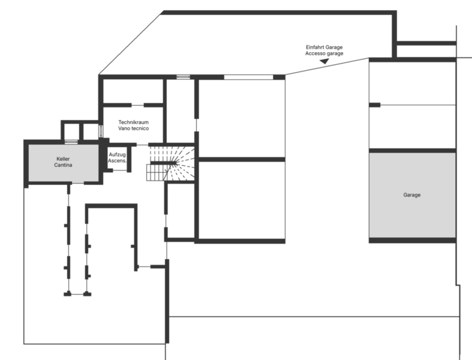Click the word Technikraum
point(133,122)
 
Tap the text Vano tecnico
point(133,128)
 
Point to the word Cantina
point(63,165)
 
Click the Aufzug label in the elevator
point(117,155)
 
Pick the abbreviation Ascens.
point(117,161)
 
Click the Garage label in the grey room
point(412,195)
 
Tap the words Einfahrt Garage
point(324,47)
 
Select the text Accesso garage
point(324,53)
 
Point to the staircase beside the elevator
point(171,164)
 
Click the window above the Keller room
point(71,142)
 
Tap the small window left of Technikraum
point(101,130)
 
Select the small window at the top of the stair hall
point(183,77)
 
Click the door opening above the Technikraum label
point(133,105)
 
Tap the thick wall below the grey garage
point(412,240)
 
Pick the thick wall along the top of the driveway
point(279,12)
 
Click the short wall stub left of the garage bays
point(374,105)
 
